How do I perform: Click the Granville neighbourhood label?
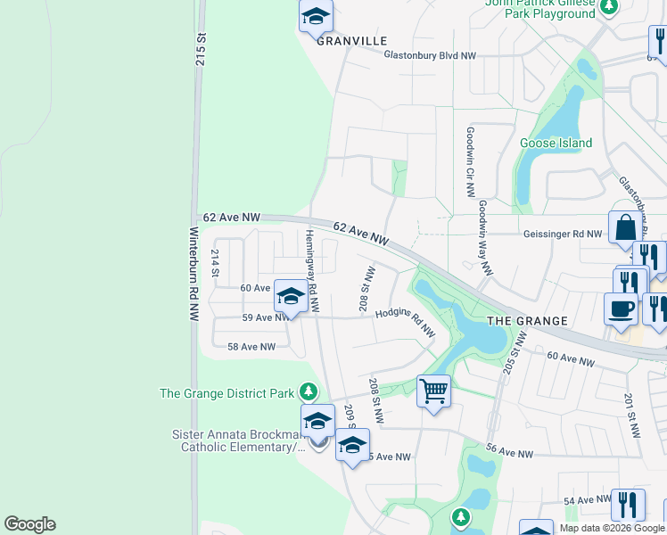[351, 41]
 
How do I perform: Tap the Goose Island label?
[556, 143]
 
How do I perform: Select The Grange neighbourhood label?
[527, 321]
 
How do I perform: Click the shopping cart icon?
[433, 390]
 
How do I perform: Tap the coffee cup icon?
[621, 309]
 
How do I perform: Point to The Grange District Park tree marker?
[308, 391]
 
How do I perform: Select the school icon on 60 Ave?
[290, 295]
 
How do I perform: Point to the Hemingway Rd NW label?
[310, 270]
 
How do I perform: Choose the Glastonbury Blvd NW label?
[430, 55]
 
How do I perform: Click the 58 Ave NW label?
[251, 347]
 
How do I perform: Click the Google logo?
[29, 524]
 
